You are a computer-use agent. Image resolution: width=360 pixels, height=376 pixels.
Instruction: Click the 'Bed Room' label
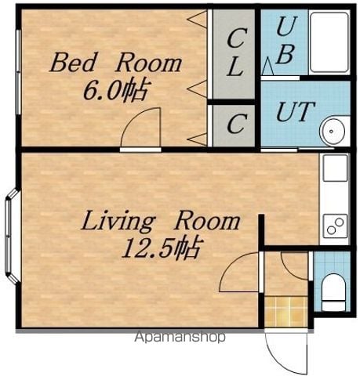(115, 62)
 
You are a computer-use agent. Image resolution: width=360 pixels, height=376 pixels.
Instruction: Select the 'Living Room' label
(161, 222)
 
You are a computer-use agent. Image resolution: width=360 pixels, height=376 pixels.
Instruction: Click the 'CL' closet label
(237, 52)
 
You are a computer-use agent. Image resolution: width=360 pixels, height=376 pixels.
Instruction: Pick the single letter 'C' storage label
(237, 124)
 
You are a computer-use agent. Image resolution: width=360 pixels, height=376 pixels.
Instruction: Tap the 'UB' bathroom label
(286, 40)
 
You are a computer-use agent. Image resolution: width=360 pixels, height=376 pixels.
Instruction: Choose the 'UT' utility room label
(296, 111)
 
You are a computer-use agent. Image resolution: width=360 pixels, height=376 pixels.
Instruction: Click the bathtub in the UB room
(329, 42)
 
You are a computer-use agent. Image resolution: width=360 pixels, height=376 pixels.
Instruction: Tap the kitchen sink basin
(335, 168)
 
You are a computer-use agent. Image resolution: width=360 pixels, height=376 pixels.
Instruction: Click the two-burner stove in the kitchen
(335, 226)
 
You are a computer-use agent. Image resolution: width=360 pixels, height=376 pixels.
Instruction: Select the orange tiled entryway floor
(286, 312)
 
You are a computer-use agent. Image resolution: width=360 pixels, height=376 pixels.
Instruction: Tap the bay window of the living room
(11, 236)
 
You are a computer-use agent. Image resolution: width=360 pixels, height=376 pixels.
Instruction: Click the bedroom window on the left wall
(18, 72)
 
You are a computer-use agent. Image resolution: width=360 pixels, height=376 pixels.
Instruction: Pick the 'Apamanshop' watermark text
(180, 337)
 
